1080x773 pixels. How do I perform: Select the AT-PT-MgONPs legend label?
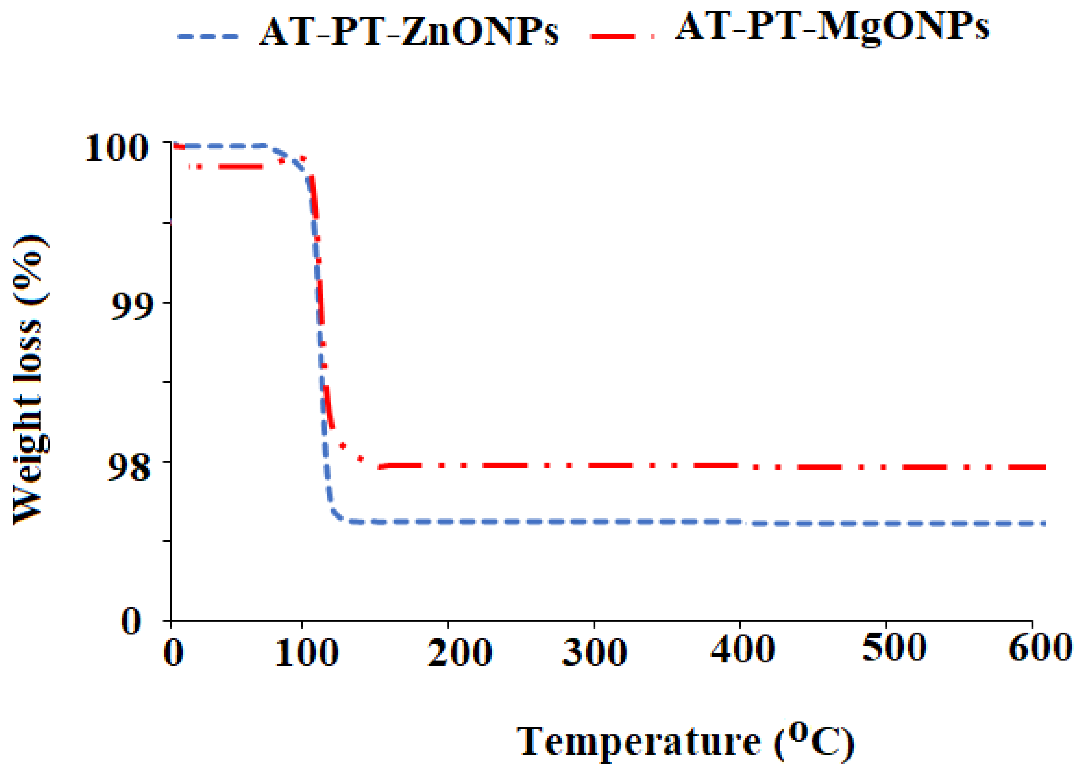point(832,27)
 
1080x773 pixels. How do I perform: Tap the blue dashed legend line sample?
point(208,36)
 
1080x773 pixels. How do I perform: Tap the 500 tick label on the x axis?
point(894,648)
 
